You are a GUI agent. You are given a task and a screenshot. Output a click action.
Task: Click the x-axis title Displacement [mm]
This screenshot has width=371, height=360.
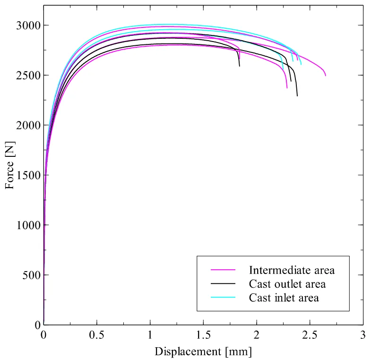203,351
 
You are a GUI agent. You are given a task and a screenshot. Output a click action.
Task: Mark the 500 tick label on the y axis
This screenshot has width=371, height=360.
31,275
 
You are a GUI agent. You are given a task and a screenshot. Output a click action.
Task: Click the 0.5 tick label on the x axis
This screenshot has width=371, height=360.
97,335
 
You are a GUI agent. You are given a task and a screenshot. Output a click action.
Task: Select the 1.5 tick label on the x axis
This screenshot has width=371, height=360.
203,335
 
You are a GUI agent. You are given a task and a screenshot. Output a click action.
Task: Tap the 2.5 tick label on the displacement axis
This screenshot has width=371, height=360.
310,335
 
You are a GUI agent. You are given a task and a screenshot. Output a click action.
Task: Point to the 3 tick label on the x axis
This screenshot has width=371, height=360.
363,335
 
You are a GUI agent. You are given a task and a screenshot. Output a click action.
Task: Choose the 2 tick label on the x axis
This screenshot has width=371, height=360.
257,335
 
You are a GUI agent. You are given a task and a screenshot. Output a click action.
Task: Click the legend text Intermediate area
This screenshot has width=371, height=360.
292,270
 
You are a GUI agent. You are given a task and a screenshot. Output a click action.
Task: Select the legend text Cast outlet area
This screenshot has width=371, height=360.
287,284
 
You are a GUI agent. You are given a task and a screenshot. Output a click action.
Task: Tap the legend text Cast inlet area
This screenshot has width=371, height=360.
284,298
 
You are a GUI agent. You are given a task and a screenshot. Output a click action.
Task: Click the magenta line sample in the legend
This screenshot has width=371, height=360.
223,270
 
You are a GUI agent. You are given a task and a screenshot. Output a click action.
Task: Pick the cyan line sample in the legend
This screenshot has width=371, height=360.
223,298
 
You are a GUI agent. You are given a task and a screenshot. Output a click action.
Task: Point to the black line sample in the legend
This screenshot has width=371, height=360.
223,284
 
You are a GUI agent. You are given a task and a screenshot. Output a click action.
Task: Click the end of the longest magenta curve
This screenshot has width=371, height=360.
326,76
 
